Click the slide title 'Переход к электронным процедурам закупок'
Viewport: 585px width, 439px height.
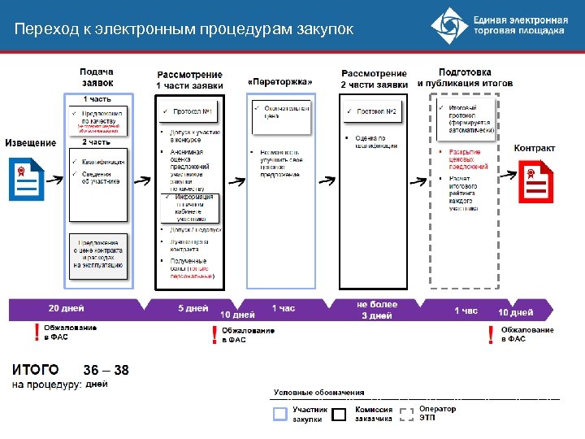pos(184,29)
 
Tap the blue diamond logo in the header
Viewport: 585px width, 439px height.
pos(449,27)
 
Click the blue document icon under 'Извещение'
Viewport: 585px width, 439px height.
pos(25,180)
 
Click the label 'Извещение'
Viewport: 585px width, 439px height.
pos(31,143)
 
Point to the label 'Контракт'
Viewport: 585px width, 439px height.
pos(534,148)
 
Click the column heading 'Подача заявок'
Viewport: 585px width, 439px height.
pos(97,77)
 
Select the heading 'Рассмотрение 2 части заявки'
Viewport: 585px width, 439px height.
pos(374,79)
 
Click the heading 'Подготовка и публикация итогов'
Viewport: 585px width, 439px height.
pos(465,77)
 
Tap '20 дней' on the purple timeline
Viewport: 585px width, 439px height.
pos(67,309)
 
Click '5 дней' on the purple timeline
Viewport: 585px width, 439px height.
pos(193,309)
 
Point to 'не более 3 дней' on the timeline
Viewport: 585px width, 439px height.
pos(377,310)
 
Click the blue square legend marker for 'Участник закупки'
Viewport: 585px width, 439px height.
pos(280,414)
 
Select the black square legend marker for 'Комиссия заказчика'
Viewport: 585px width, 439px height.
pos(340,414)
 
